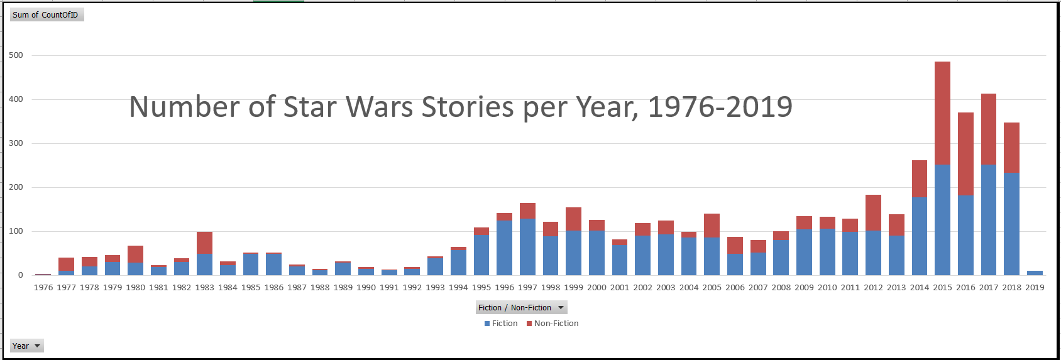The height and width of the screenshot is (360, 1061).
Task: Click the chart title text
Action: pyautogui.click(x=460, y=107)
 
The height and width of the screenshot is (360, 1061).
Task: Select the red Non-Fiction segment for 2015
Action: pyautogui.click(x=942, y=113)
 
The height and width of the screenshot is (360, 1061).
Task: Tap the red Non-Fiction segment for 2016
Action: pyautogui.click(x=965, y=154)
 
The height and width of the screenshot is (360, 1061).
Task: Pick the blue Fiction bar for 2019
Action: pyautogui.click(x=1035, y=273)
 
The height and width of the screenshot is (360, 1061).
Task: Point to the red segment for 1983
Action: pyautogui.click(x=204, y=243)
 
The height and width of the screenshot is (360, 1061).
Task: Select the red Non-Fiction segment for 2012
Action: pyautogui.click(x=873, y=213)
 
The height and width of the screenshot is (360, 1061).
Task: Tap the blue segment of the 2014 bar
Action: pyautogui.click(x=920, y=236)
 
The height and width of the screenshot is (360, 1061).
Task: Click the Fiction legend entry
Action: pyautogui.click(x=501, y=324)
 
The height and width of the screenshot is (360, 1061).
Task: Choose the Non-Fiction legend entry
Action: pyautogui.click(x=552, y=324)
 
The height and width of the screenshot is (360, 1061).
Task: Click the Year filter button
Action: pyautogui.click(x=26, y=346)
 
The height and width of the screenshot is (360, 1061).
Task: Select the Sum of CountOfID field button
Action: pyautogui.click(x=46, y=14)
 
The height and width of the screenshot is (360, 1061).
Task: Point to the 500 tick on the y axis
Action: pyautogui.click(x=16, y=55)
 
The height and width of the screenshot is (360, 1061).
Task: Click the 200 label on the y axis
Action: pyautogui.click(x=16, y=187)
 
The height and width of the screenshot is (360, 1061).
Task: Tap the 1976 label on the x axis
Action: pyautogui.click(x=43, y=288)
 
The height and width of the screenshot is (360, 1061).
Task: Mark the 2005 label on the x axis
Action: pyautogui.click(x=712, y=288)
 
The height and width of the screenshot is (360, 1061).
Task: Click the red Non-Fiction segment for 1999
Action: pyautogui.click(x=573, y=219)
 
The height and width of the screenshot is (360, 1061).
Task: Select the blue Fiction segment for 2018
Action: pyautogui.click(x=1011, y=224)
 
